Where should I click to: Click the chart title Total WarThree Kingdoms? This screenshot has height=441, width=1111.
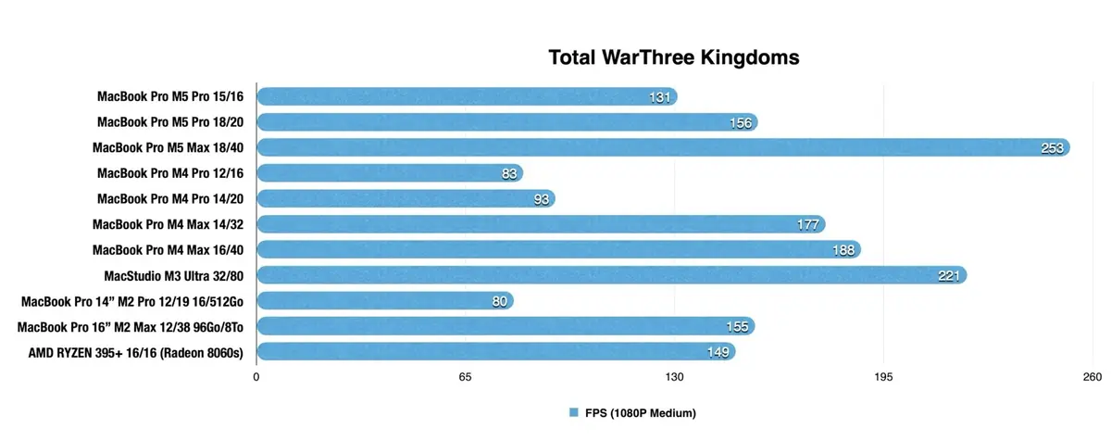click(673, 58)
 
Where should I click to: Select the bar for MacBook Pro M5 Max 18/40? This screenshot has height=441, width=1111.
click(662, 147)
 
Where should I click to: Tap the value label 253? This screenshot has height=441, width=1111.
click(1053, 147)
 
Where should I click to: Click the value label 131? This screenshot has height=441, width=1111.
click(660, 96)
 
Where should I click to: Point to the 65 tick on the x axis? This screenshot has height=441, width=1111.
click(466, 376)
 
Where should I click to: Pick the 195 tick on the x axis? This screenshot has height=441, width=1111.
click(883, 376)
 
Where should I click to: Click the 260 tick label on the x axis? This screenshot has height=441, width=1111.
click(1092, 376)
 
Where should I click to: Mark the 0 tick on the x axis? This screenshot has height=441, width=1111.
click(256, 376)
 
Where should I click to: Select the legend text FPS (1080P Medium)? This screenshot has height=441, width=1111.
click(639, 412)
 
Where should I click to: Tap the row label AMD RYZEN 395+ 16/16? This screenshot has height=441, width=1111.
click(136, 351)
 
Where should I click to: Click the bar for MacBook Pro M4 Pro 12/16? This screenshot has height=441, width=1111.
click(389, 172)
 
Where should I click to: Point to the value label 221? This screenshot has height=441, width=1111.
click(949, 275)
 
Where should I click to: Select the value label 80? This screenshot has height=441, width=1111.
click(497, 300)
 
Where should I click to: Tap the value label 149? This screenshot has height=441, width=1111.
click(718, 351)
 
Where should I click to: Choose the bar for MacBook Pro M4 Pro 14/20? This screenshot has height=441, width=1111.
click(405, 198)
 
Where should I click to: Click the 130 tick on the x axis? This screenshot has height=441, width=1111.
click(674, 376)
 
